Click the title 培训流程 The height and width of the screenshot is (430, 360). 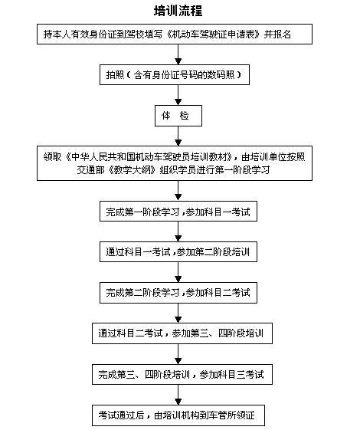click(178, 11)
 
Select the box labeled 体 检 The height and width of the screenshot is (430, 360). click(178, 116)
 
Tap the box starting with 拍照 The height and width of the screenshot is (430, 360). click(175, 74)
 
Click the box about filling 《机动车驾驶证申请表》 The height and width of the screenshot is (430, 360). click(175, 34)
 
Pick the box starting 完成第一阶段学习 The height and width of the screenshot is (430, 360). click(178, 211)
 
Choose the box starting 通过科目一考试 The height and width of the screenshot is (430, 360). click(178, 251)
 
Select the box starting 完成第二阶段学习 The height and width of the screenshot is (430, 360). click(178, 293)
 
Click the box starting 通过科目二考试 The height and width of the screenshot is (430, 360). click(182, 333)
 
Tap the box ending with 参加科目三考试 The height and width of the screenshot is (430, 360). click(182, 374)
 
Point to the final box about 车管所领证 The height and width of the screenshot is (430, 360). click(178, 415)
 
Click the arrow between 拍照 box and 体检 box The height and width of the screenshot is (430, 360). click(178, 95)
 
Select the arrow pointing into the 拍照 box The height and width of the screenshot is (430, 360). click(178, 54)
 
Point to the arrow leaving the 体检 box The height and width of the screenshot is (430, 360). click(178, 136)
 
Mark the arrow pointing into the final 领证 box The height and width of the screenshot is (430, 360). click(178, 395)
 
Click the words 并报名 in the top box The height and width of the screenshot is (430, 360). click(277, 34)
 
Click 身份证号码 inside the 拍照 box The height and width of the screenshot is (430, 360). click(175, 74)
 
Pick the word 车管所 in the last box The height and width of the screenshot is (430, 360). click(222, 415)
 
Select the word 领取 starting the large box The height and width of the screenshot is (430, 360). click(52, 157)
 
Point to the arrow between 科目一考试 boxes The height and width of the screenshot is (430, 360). click(178, 231)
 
